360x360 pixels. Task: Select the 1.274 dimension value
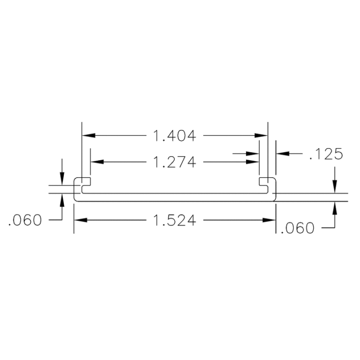click(174, 162)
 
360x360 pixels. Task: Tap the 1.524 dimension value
click(174, 220)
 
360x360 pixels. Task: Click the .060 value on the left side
click(25, 220)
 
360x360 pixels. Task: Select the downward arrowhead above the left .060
click(62, 179)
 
